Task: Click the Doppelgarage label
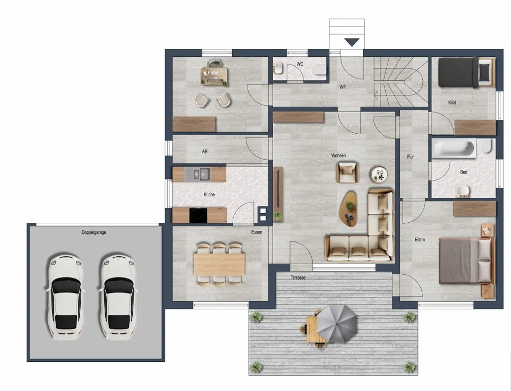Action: click(94, 232)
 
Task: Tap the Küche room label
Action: click(209, 194)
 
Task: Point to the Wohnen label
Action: click(338, 155)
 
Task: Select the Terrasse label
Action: click(298, 277)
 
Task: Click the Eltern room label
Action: click(420, 240)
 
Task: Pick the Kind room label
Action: click(453, 102)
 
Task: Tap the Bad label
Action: click(464, 172)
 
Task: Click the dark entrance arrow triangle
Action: click(352, 42)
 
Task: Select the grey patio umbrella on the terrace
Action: click(336, 324)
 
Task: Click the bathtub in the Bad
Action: click(454, 149)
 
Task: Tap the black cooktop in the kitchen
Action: click(198, 215)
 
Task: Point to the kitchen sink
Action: click(198, 174)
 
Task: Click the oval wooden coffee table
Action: click(348, 208)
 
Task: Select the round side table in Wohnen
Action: click(379, 174)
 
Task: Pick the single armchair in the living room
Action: click(347, 172)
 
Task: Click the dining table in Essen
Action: click(219, 264)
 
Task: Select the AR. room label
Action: click(206, 151)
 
